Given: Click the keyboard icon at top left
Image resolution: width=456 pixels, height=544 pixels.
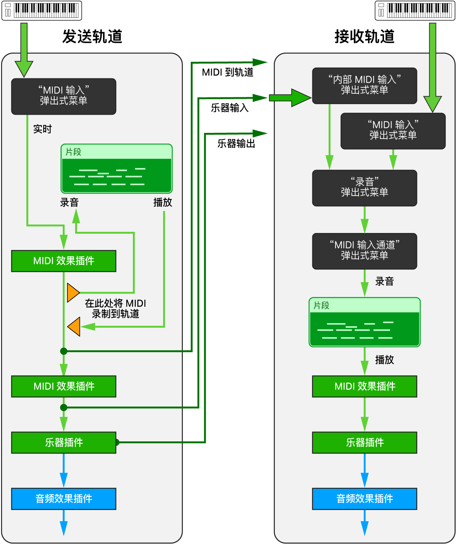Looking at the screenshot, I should (42, 10).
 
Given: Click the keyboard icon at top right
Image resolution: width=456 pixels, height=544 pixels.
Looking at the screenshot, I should (415, 10).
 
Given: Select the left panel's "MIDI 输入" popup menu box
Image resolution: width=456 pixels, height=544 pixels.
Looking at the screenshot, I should (63, 96).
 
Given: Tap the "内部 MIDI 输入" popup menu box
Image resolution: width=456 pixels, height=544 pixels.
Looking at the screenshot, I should (364, 86).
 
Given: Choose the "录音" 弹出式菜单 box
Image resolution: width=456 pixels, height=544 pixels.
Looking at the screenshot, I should (364, 188).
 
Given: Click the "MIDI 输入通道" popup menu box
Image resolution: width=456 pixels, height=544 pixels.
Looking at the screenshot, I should (364, 251).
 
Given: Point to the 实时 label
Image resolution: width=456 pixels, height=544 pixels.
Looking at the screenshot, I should (42, 129).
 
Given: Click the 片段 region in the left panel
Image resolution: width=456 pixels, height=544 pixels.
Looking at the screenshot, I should (117, 169).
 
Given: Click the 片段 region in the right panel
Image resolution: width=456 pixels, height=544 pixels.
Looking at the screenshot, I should (364, 322).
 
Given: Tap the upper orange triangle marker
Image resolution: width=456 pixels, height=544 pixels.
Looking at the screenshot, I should (72, 292).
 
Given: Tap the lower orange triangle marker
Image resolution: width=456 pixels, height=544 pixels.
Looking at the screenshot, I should (75, 326).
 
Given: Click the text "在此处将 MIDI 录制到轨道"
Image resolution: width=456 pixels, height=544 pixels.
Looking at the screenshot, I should (115, 309).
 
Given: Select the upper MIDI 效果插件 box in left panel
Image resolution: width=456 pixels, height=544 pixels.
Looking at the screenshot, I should (63, 261).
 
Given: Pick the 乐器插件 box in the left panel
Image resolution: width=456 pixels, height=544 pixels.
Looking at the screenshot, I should (63, 442).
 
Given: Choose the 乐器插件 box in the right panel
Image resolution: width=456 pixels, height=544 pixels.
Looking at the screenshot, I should (364, 442).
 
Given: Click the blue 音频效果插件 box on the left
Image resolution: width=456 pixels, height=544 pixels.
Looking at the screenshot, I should (63, 498).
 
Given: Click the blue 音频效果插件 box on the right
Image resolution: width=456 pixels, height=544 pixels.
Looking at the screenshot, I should (364, 498).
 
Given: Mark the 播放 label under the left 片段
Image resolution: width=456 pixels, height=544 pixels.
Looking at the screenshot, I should (163, 202).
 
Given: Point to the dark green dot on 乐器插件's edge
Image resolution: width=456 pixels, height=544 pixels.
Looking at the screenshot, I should (117, 442).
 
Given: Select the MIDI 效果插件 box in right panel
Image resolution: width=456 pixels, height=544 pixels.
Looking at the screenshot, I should (364, 386).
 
